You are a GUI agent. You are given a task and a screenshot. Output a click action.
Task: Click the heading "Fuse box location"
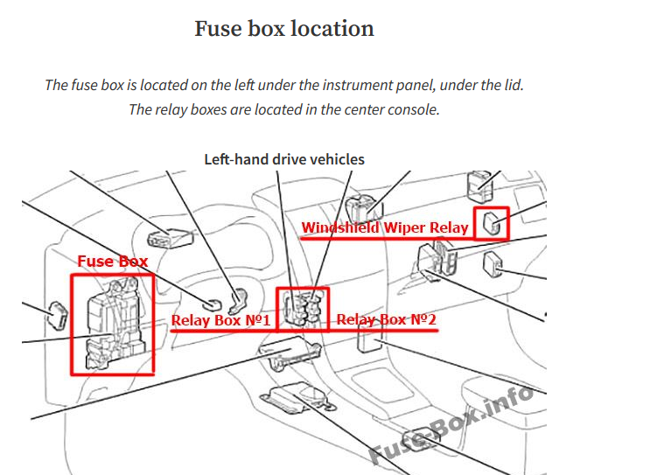tap(283, 29)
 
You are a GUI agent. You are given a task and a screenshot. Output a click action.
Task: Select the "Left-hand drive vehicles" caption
tap(284, 159)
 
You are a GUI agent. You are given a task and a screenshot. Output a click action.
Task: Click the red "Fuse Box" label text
tap(113, 261)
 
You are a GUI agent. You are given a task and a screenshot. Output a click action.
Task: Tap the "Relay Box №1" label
tap(220, 320)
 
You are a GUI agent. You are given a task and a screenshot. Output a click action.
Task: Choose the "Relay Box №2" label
tap(386, 320)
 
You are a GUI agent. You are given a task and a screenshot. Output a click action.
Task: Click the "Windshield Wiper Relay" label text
tap(385, 228)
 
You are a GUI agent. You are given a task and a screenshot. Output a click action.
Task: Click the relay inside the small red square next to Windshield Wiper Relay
tap(493, 224)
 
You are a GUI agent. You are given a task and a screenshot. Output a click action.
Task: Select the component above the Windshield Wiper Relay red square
tap(478, 183)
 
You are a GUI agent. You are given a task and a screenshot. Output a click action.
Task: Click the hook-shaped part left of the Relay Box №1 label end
tap(237, 301)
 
